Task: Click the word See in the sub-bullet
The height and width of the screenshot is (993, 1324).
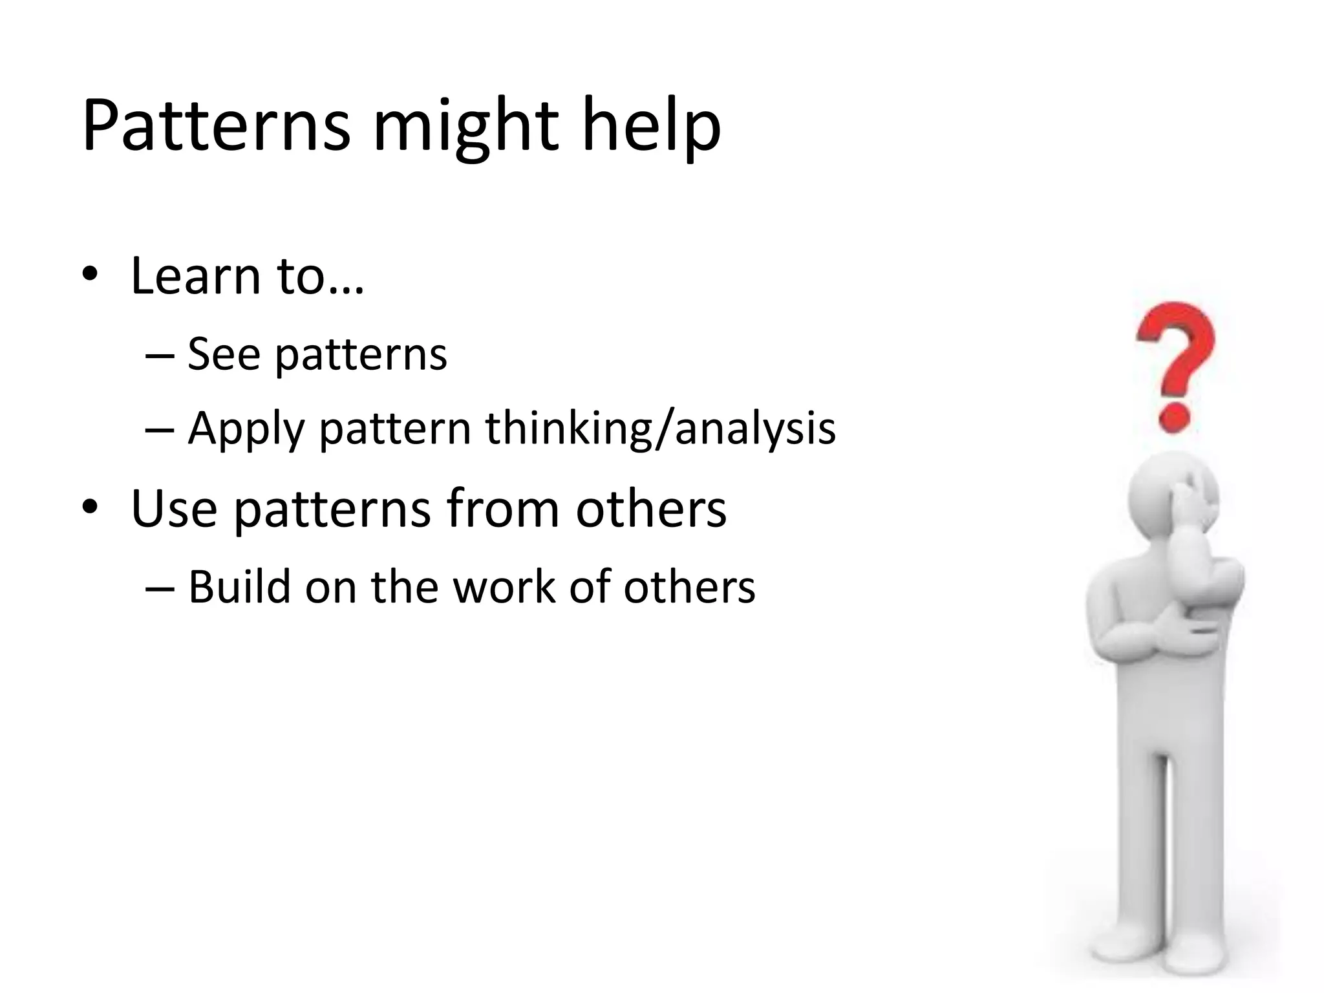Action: (223, 354)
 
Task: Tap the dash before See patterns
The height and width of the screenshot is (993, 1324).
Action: (159, 356)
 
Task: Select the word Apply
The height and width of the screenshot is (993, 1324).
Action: (246, 430)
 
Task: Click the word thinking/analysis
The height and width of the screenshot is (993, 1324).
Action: (660, 429)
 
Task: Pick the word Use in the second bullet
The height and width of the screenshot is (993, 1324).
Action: (173, 509)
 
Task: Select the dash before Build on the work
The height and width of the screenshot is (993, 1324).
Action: (159, 588)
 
